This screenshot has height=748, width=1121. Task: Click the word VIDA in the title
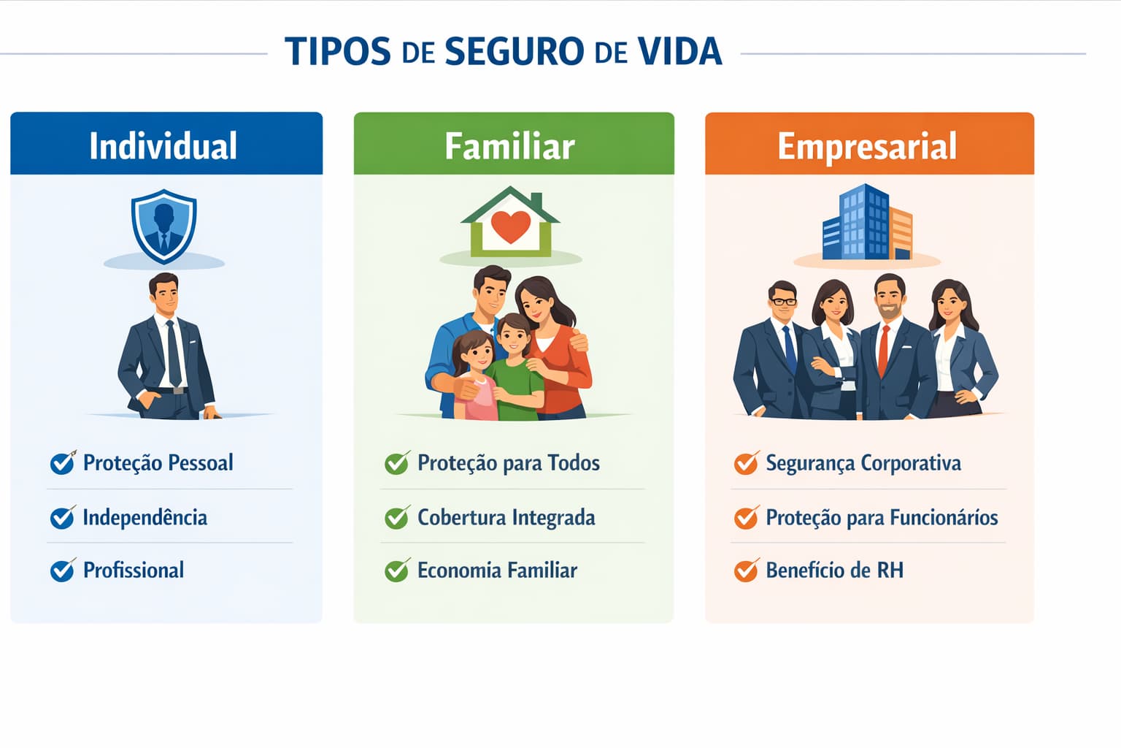click(679, 51)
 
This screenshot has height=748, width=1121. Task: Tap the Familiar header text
click(509, 146)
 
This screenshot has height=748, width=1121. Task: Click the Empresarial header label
click(867, 146)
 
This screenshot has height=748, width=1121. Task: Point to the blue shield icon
click(163, 226)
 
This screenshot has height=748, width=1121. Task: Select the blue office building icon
click(858, 224)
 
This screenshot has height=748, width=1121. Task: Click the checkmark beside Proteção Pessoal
click(63, 463)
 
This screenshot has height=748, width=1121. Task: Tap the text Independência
click(145, 517)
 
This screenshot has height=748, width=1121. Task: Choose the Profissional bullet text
click(134, 570)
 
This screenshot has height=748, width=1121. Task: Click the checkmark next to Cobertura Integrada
click(397, 517)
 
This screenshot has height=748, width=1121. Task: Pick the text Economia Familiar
click(497, 570)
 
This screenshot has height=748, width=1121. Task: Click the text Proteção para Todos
click(508, 463)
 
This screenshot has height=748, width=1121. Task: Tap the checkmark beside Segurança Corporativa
click(746, 463)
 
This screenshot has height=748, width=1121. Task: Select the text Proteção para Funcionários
click(882, 517)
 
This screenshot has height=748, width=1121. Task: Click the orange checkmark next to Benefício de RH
click(746, 570)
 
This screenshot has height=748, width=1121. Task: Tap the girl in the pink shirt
click(475, 380)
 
